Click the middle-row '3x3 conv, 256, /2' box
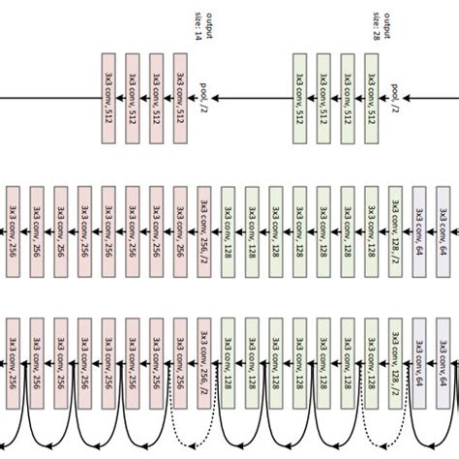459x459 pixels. (204, 225)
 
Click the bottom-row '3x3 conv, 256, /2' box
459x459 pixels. (204, 359)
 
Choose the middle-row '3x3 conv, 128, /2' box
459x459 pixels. (395, 225)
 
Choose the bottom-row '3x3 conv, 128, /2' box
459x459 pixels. (395, 359)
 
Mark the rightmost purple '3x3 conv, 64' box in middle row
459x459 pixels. (444, 225)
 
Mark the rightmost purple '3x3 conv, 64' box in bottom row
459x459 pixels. (444, 359)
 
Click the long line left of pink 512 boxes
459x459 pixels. (48, 98)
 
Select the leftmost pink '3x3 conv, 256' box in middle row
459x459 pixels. (13, 225)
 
